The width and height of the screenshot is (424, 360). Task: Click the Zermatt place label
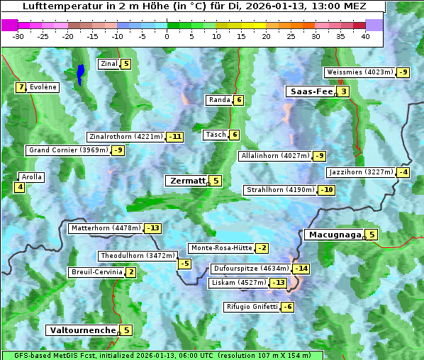point(187,181)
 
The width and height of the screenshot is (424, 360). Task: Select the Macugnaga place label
point(334,235)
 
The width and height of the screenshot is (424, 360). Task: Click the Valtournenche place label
point(82,330)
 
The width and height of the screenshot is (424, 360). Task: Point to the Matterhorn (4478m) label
point(106,228)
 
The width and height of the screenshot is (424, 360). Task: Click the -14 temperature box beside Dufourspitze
point(302,269)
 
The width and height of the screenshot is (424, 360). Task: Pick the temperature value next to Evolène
point(21,87)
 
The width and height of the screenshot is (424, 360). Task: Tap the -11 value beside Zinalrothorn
point(174,137)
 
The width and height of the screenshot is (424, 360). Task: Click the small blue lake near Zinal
point(80,73)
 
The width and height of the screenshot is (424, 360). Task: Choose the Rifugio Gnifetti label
point(251,307)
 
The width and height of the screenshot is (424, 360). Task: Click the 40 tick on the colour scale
point(365,36)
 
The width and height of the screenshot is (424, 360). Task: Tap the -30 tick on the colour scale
point(18,36)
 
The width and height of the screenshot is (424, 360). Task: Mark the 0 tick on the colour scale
point(167,36)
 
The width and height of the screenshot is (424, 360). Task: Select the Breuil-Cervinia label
point(96,272)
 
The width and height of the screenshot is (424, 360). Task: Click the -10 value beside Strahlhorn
point(327,190)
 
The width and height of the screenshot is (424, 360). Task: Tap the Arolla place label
point(32,177)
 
